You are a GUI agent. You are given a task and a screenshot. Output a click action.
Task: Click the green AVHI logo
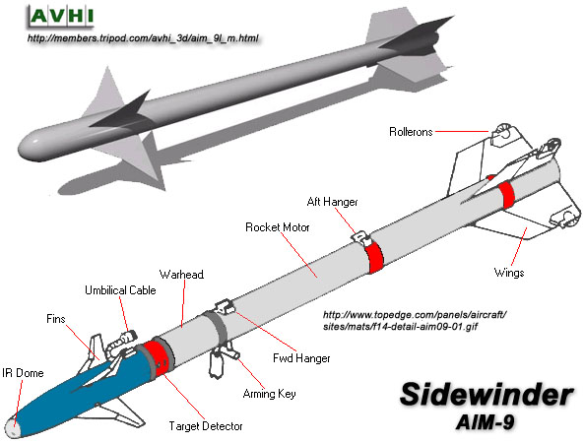(61, 17)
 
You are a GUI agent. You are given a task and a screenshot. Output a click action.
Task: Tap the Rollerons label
(411, 132)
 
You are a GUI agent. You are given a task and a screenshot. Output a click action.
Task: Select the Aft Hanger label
(332, 202)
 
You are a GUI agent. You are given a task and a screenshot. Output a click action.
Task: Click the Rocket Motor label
(278, 227)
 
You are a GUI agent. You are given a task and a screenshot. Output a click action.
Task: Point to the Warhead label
(181, 275)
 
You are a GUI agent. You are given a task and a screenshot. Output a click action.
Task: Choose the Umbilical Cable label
(120, 290)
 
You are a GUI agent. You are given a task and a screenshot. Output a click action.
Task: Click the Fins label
(56, 319)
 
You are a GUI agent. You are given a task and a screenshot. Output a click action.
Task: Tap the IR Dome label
(23, 373)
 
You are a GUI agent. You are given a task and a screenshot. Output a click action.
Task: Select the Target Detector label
(206, 426)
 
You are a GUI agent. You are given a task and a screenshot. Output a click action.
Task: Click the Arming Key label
(269, 394)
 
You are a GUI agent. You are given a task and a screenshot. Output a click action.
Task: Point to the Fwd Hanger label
(301, 358)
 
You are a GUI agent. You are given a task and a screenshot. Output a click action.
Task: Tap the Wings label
(509, 273)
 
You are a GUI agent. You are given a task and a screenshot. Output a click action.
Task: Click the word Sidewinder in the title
(487, 394)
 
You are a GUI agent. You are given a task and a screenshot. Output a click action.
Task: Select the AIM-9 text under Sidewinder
(486, 422)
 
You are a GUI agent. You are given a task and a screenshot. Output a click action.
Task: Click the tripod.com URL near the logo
(143, 38)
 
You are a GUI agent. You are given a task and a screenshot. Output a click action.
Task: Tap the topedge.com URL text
(415, 321)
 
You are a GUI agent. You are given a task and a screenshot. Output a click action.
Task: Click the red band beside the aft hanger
(374, 257)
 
